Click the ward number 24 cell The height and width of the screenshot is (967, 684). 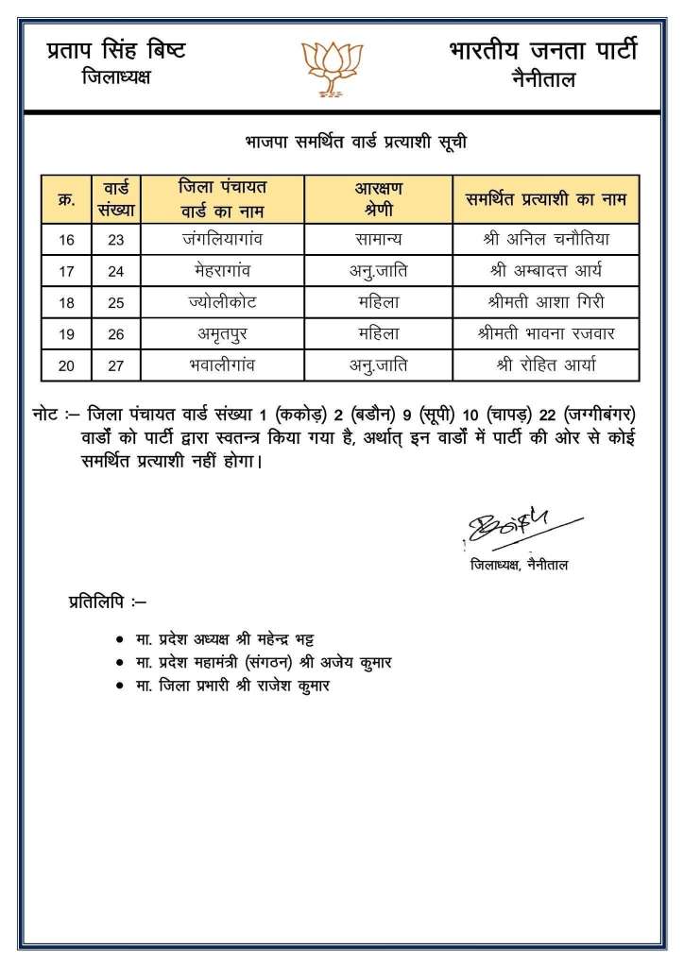[x=115, y=271]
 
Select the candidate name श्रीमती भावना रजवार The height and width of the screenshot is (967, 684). [x=545, y=333]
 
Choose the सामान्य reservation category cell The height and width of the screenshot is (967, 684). [x=372, y=239]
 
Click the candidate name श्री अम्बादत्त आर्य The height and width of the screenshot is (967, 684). [x=545, y=271]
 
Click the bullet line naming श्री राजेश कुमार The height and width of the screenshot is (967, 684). [x=232, y=686]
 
